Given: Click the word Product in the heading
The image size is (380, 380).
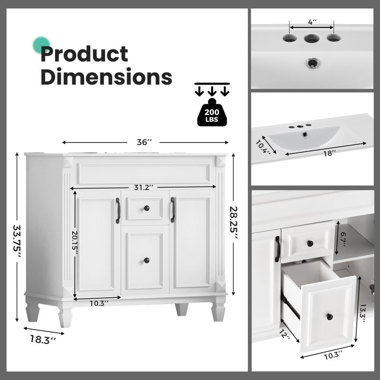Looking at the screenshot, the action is tap(84, 54).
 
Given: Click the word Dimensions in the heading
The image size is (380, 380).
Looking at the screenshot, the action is tap(106, 76).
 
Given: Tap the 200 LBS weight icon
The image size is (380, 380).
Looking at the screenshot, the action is tap(212, 113).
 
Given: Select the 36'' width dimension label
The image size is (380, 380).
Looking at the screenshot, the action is tap(144, 142).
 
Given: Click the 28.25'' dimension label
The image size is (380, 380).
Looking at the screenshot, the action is tap(234, 222).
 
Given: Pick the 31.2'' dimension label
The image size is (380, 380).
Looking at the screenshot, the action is tap(144, 187).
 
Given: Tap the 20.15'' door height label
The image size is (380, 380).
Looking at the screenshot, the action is tap(75, 242).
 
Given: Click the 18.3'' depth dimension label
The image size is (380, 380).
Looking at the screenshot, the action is tap(43, 339).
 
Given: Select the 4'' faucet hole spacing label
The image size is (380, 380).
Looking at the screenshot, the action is tap(312, 22).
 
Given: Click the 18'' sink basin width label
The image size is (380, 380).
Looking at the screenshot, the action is tap(329, 153).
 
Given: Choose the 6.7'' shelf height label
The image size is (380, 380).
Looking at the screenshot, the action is tap(342, 239).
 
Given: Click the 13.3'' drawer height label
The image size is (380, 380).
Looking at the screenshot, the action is tap(362, 313).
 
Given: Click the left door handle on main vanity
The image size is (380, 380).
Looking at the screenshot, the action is tap(118, 210).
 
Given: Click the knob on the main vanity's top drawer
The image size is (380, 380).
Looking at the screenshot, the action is tap(146, 208).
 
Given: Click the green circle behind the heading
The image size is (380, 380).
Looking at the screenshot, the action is tap(41, 45).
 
